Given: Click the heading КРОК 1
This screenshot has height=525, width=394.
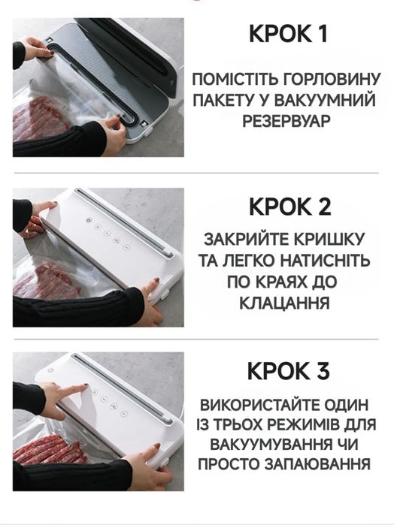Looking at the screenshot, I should pos(288,35).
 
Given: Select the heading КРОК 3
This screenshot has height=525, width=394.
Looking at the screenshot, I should pos(288,371).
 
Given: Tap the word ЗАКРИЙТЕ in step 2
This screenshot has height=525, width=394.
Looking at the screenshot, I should pos(248,241).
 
